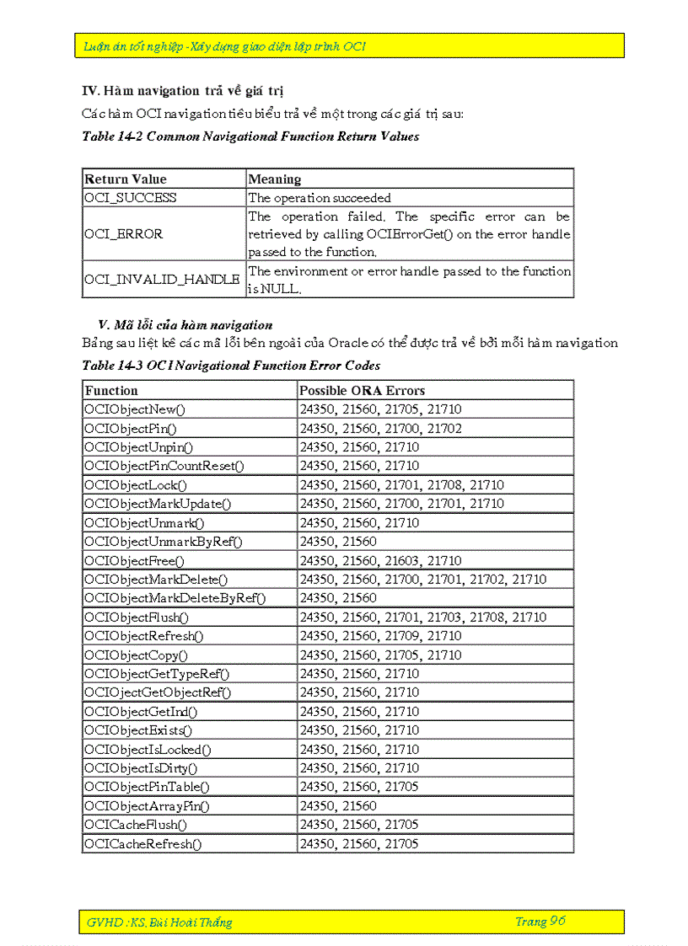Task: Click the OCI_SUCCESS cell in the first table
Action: pos(131,198)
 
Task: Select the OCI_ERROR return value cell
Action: pos(124,234)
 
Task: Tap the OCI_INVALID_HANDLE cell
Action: pos(162,280)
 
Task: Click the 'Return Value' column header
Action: pos(126,179)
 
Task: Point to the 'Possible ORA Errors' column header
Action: pos(363,391)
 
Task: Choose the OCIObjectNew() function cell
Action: pos(135,409)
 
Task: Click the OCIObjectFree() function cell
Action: pos(134,560)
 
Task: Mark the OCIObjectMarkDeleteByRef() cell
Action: pos(175,598)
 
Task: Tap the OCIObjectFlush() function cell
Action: pos(137,617)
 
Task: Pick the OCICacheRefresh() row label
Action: pos(143,844)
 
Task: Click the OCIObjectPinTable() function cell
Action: pos(147,787)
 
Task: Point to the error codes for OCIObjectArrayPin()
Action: pos(338,806)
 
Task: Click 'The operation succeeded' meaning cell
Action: pos(320,198)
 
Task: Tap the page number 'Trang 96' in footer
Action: pos(540,922)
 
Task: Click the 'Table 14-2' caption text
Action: pos(250,136)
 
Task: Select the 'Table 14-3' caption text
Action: pos(231,366)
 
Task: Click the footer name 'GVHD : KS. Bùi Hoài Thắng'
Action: pos(159,922)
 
